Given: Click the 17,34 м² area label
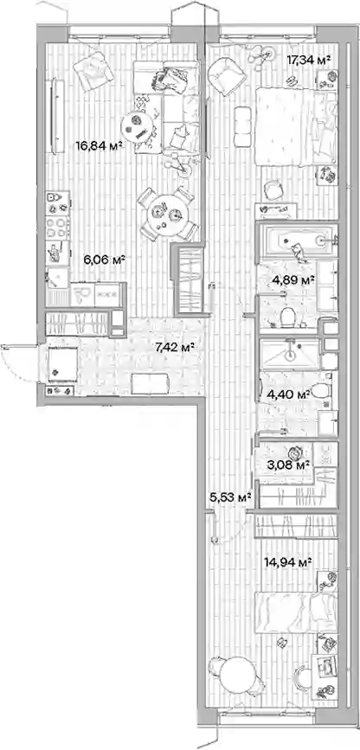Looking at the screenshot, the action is pyautogui.click(x=309, y=60).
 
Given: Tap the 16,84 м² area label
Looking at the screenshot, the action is pyautogui.click(x=97, y=145).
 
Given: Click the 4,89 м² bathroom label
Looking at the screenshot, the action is pyautogui.click(x=293, y=279).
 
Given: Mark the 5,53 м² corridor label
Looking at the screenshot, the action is pyautogui.click(x=231, y=498).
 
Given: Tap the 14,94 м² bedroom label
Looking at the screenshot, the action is pyautogui.click(x=288, y=561).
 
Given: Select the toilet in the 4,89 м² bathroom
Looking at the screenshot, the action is pyautogui.click(x=287, y=317).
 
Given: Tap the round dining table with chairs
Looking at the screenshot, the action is pyautogui.click(x=168, y=214).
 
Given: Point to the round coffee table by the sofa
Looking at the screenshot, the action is pyautogui.click(x=137, y=125).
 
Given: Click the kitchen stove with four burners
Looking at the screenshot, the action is pyautogui.click(x=58, y=228).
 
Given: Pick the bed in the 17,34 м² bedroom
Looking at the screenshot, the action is pyautogui.click(x=296, y=125).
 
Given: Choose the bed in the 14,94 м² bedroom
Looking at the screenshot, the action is pyautogui.click(x=296, y=612).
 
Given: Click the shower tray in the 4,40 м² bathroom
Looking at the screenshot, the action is pyautogui.click(x=291, y=354).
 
